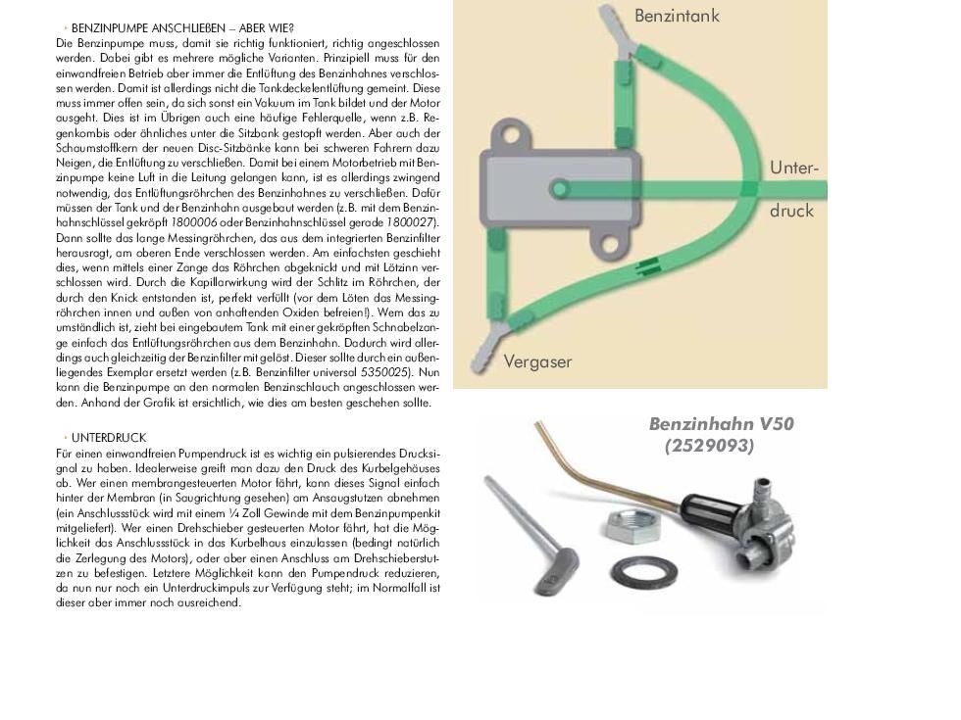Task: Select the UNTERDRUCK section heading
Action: (108, 438)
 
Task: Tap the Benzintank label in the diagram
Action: (677, 16)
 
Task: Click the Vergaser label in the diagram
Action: (537, 361)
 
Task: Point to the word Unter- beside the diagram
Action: (793, 168)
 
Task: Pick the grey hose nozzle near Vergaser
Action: (490, 348)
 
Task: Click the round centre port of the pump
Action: (559, 189)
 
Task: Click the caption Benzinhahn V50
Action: (721, 424)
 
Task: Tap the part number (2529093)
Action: (709, 446)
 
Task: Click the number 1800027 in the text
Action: (416, 223)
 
